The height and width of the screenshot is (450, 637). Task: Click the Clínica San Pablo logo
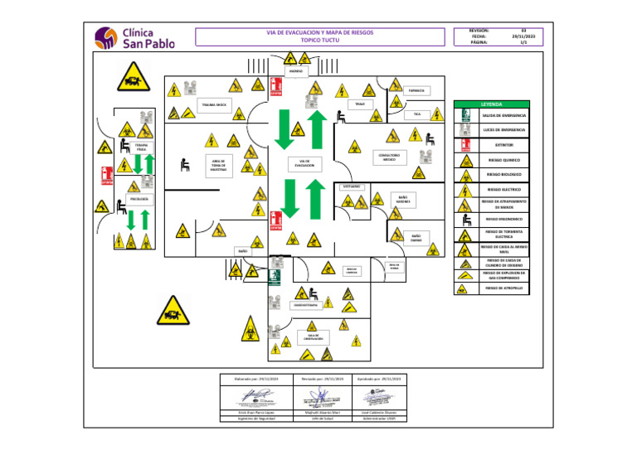tap(134, 37)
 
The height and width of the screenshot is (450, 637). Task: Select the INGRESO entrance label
tap(296, 71)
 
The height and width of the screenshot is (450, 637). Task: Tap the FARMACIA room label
tap(417, 90)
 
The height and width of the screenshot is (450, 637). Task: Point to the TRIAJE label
tap(359, 104)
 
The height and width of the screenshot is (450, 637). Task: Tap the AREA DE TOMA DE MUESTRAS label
tap(219, 165)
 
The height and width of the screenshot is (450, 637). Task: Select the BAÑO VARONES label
tap(402, 200)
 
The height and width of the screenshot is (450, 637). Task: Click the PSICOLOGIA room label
tap(139, 200)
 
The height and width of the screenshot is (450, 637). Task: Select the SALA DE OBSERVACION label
tap(313, 337)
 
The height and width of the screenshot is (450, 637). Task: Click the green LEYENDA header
tap(492, 104)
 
